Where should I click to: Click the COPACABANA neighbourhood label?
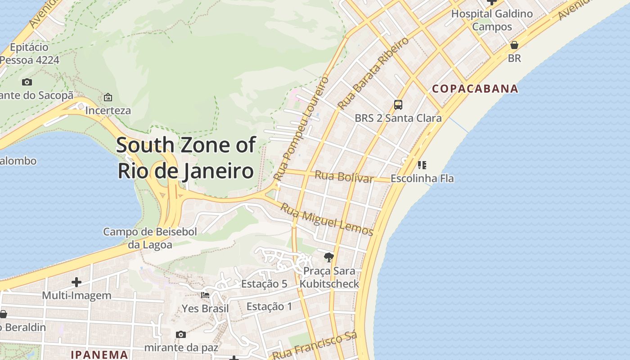click(x=475, y=89)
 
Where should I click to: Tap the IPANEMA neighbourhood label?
click(x=99, y=354)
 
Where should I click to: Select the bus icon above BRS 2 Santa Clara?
click(x=398, y=105)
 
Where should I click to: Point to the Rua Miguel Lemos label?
click(x=327, y=219)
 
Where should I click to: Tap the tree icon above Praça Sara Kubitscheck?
click(x=329, y=257)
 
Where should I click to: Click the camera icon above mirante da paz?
click(x=181, y=334)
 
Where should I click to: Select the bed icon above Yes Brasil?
click(x=205, y=295)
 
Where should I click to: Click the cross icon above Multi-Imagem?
click(x=76, y=282)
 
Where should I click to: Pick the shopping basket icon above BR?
click(x=514, y=45)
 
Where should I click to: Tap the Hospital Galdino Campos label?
click(x=492, y=20)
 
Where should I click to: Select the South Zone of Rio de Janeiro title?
click(x=186, y=158)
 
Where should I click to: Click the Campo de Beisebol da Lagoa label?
click(x=150, y=238)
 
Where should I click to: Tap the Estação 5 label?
click(x=264, y=284)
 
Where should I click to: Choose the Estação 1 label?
click(x=269, y=307)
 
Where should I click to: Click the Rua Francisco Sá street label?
click(x=315, y=346)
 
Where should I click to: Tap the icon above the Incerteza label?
click(x=108, y=97)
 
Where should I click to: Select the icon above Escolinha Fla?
click(x=422, y=165)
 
